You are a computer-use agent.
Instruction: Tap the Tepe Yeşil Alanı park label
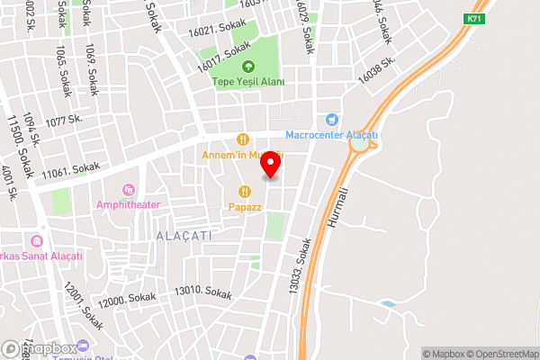coord(248,82)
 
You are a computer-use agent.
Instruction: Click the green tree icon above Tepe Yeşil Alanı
coord(248,66)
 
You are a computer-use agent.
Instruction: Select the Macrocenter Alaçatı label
coord(331,136)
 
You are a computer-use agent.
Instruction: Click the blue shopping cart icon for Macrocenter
coord(332,120)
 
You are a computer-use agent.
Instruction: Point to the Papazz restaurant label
coord(244,206)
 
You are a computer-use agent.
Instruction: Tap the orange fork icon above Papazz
coord(244,191)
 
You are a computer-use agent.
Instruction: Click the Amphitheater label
coord(128,204)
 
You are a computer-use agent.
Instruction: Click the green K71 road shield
coord(473,19)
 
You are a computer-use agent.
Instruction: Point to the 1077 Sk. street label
coord(64,120)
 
